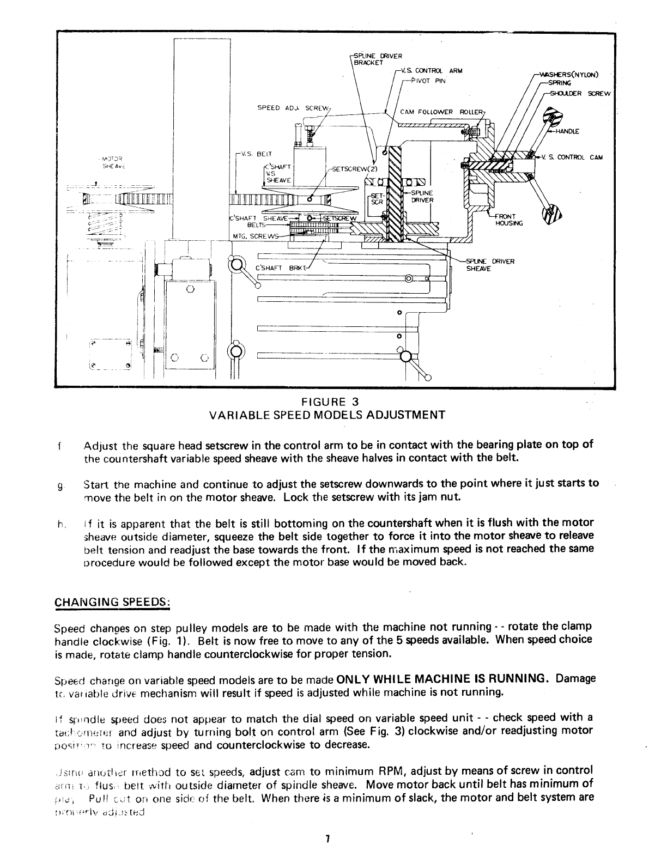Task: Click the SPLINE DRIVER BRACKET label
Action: pos(378,59)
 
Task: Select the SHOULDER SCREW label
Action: pos(581,93)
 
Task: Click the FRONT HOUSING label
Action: pos(507,220)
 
